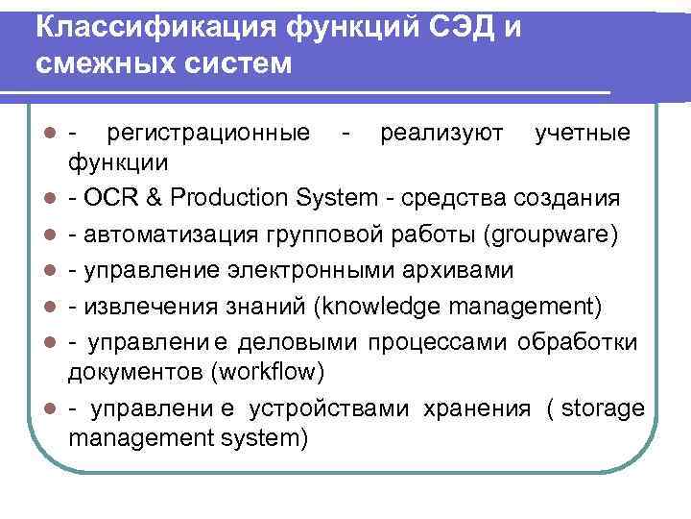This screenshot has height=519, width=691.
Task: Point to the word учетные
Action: pos(583,132)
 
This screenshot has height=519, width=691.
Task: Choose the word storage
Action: pos(603,408)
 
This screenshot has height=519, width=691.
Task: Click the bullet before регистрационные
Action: pos(35,132)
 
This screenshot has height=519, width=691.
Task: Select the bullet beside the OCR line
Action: pos(35,199)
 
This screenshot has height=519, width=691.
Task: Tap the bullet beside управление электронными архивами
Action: pos(35,271)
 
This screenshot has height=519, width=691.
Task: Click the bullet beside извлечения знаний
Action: pos(35,307)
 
